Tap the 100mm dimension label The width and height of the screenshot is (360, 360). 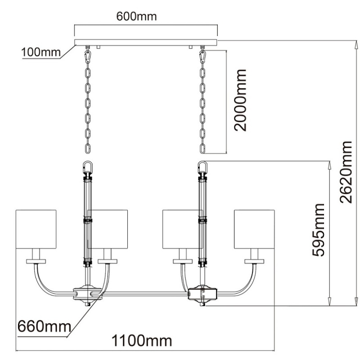(x=40, y=53)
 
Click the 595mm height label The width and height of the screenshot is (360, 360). (x=319, y=229)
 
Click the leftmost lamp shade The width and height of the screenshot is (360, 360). (x=36, y=229)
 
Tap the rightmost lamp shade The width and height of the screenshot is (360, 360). (x=254, y=229)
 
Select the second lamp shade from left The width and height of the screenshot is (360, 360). (x=108, y=229)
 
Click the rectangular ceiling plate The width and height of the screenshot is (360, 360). (x=146, y=42)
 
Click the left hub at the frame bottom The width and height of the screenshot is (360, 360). (x=87, y=293)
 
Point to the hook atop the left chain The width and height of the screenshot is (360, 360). (x=88, y=56)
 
